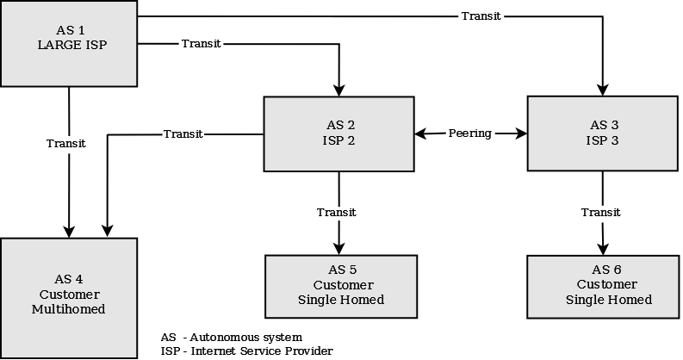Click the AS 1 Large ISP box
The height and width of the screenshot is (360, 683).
click(69, 43)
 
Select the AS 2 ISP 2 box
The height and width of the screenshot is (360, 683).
click(338, 133)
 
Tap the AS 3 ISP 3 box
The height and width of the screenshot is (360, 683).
click(603, 133)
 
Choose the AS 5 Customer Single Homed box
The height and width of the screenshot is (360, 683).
click(341, 285)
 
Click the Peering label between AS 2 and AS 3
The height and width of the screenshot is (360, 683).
click(470, 133)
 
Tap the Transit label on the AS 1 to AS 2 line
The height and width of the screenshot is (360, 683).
click(202, 44)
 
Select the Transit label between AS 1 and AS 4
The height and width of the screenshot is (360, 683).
click(66, 144)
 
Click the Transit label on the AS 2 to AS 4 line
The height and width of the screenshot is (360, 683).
click(183, 133)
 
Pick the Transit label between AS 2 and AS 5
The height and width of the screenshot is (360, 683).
click(336, 212)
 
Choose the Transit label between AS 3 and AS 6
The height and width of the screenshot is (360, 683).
click(601, 212)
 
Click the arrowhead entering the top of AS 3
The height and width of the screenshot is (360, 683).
click(603, 90)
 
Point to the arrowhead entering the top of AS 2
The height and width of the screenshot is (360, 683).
click(338, 90)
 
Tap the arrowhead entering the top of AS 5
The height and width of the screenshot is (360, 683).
click(338, 248)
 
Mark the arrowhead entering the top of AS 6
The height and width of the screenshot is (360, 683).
click(604, 248)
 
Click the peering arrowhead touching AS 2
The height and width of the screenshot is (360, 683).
click(421, 133)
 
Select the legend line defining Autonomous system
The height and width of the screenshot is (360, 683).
click(232, 336)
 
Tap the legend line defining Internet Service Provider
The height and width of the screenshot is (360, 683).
click(246, 351)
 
